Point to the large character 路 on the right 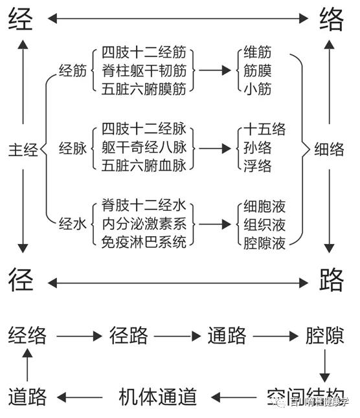(332, 280)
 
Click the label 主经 (23, 150)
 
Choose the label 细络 (329, 149)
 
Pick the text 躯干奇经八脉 (143, 148)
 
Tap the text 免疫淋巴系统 (143, 243)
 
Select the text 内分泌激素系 (143, 225)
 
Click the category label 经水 (73, 225)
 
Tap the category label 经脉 (73, 148)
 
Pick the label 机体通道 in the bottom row (158, 396)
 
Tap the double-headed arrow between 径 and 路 (177, 282)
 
